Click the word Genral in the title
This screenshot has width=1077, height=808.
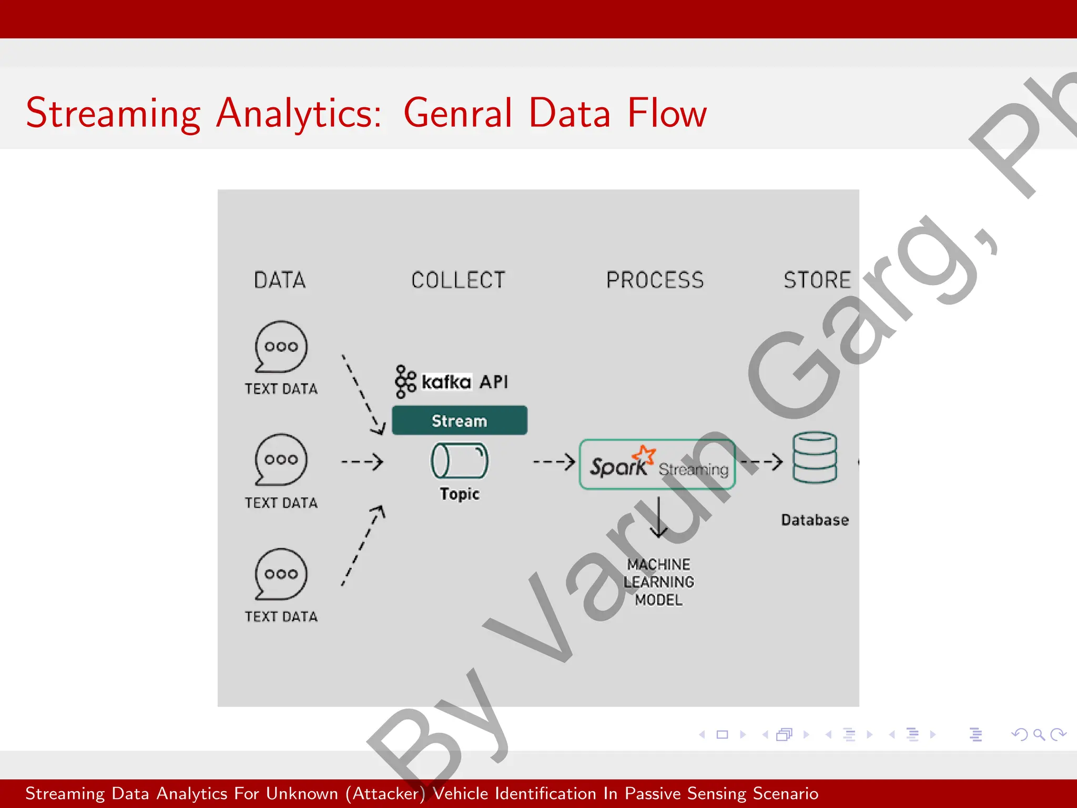457,113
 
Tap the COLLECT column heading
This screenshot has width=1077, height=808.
458,280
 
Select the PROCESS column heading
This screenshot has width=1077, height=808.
655,280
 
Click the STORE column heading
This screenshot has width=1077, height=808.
817,280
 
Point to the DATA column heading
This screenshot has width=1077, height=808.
280,280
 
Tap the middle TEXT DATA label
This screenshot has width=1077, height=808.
281,503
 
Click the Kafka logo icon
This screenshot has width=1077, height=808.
405,381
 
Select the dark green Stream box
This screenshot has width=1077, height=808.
459,420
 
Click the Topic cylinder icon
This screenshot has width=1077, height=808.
459,460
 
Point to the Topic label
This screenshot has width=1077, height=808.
459,494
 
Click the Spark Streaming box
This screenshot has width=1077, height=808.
657,464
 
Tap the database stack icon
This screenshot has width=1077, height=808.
815,457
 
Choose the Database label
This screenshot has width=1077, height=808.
815,520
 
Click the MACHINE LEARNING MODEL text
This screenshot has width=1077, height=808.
658,582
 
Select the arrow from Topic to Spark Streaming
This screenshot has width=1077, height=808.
554,462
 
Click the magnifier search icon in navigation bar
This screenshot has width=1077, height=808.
1039,734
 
